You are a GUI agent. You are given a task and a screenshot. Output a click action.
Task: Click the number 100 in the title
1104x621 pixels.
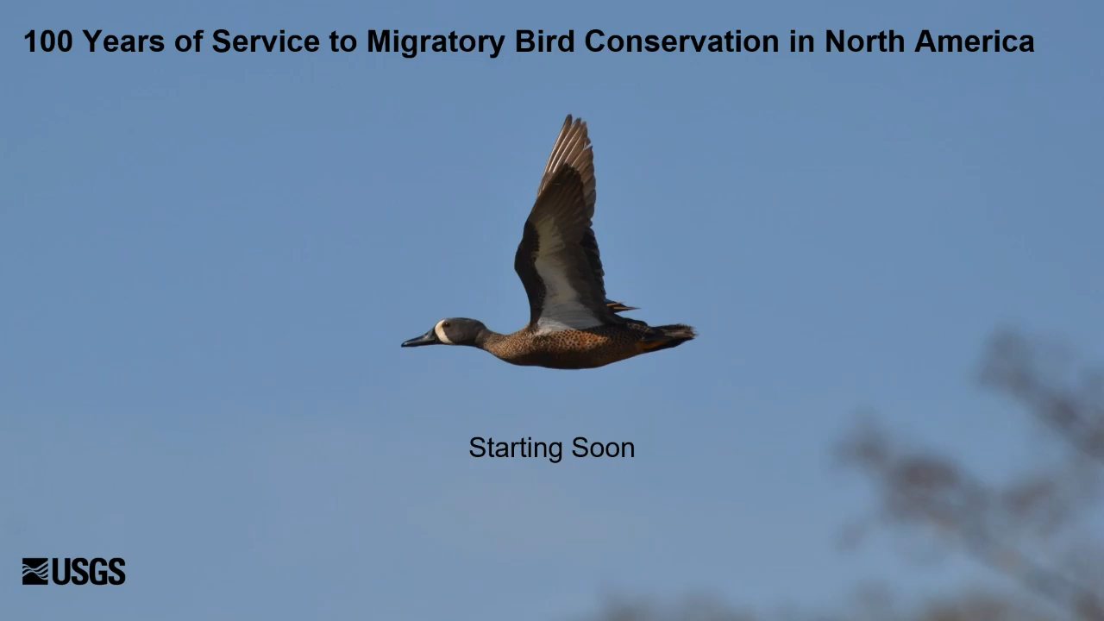tap(48, 41)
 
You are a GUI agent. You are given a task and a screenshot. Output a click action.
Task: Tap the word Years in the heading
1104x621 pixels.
tap(123, 41)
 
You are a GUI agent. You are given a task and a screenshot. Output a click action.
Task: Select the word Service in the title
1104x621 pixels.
tap(266, 41)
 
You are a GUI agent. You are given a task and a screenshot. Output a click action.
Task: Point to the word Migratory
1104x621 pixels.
tap(436, 42)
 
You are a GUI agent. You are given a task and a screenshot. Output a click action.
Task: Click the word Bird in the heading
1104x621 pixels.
tap(544, 41)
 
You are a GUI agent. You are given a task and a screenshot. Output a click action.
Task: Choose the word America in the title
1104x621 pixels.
tap(975, 41)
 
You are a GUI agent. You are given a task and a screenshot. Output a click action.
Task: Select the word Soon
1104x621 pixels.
tap(603, 448)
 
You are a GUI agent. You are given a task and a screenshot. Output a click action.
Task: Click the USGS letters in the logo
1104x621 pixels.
tap(89, 571)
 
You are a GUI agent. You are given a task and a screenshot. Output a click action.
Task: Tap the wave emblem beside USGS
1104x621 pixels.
tap(35, 571)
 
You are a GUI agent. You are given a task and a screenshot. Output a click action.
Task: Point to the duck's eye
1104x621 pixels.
tap(447, 325)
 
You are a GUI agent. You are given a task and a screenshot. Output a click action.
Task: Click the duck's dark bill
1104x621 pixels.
tap(419, 339)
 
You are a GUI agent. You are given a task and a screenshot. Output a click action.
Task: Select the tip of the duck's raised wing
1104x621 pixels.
tap(570, 116)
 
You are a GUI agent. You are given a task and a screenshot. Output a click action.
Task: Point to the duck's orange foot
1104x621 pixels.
tap(651, 344)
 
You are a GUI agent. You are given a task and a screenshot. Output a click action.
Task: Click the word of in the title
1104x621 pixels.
tap(189, 41)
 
